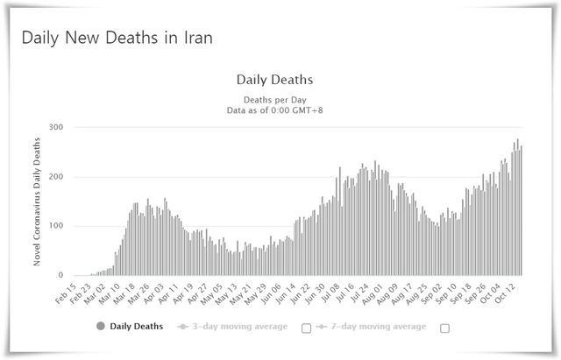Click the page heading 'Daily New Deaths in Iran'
coord(117,39)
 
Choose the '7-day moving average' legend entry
coord(377,327)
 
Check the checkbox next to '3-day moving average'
coord(306,328)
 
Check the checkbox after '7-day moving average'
coord(444,328)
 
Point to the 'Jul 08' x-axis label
coord(334,293)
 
